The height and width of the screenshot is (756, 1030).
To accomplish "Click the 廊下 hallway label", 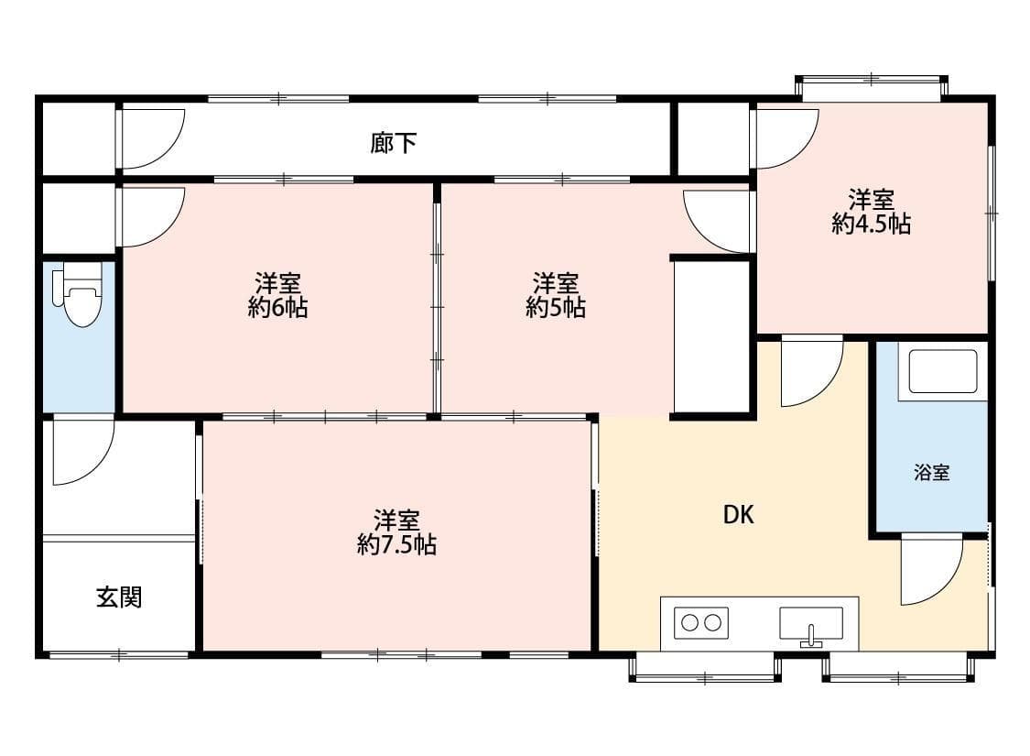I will [394, 143].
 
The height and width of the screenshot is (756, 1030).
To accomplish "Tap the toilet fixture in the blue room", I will [81, 295].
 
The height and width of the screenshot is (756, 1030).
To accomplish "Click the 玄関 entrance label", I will [119, 597].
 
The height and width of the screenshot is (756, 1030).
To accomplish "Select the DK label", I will [738, 515].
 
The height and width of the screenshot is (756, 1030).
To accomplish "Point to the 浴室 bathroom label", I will [931, 473].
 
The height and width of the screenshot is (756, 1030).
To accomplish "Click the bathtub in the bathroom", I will [942, 371].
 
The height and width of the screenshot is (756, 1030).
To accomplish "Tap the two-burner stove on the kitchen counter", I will [700, 623].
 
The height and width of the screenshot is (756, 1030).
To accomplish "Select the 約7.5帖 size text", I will [396, 545].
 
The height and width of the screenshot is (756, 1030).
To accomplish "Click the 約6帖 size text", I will [277, 308].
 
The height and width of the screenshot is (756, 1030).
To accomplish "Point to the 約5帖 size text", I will [556, 308].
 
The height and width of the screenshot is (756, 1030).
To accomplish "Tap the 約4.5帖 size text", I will [871, 225].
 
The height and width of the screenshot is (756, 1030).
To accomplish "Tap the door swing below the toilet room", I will [81, 449].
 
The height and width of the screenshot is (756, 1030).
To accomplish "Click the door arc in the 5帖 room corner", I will [720, 220].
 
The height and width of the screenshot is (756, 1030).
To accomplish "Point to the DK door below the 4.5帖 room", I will [809, 370].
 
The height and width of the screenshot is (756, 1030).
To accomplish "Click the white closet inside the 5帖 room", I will [711, 337].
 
